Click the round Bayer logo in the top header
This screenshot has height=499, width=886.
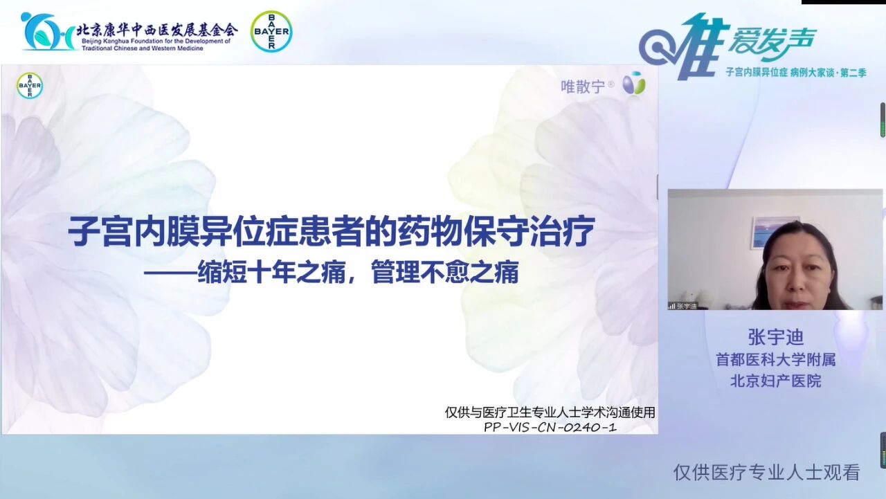(x=271, y=31)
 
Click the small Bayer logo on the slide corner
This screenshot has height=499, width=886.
(x=29, y=86)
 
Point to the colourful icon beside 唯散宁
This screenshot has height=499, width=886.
(x=633, y=84)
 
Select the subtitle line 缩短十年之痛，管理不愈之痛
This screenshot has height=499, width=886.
(x=331, y=272)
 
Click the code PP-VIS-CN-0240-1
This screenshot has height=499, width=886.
(x=550, y=427)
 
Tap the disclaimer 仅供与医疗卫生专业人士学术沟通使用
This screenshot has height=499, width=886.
(x=550, y=412)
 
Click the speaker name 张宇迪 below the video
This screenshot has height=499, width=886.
(x=775, y=337)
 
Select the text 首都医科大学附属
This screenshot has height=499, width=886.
(x=775, y=360)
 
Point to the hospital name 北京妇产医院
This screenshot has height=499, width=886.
(x=775, y=381)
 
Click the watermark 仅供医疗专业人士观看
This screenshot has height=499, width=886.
(x=766, y=473)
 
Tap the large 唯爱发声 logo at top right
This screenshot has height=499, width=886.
(x=727, y=43)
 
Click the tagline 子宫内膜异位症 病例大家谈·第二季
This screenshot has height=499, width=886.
(x=795, y=72)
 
